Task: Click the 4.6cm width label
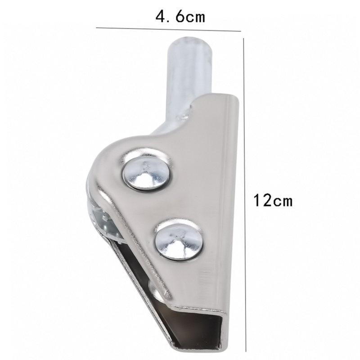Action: pos(180,17)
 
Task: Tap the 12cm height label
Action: pos(273,200)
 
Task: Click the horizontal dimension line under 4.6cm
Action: pos(168,29)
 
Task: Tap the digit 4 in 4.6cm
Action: pos(161,17)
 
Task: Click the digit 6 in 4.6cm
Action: pos(180,17)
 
